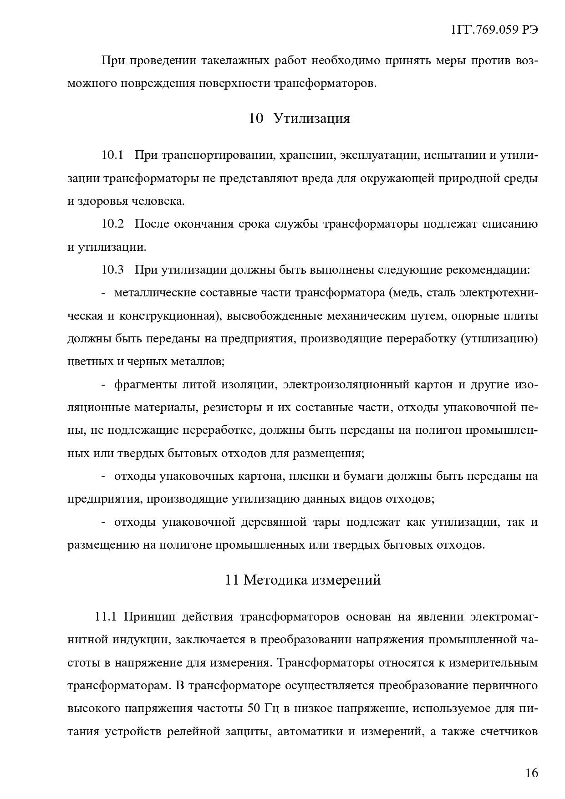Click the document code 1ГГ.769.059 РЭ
494,30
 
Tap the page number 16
531,773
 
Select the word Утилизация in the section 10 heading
312,119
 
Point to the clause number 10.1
112,155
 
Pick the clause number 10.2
112,224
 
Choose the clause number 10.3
112,270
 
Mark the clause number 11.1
106,617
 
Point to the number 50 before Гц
254,709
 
